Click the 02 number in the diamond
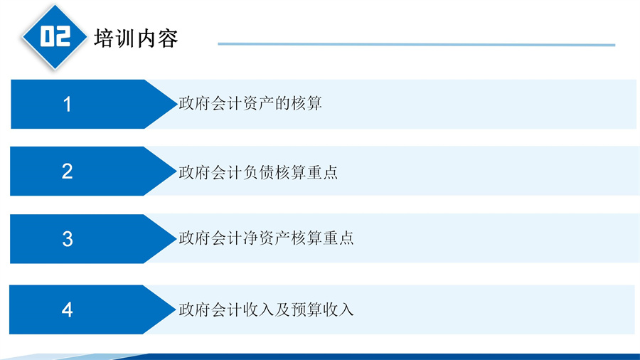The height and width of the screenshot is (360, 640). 55,36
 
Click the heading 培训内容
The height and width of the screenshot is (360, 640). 136,39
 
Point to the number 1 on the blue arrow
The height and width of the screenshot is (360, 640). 68,104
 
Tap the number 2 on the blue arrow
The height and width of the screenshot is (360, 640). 68,171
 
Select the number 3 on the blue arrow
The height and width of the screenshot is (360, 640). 68,239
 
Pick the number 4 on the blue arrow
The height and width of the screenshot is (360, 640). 68,309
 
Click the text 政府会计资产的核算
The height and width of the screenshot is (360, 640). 250,103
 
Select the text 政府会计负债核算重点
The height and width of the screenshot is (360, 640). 258,172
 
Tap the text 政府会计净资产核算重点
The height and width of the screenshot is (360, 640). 266,238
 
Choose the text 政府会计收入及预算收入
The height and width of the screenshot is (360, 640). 266,309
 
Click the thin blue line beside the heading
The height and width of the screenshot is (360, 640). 416,44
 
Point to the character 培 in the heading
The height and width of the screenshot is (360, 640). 105,39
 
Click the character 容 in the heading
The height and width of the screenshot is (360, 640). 168,39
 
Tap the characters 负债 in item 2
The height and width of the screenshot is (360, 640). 258,172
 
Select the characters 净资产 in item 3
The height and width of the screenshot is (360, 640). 266,238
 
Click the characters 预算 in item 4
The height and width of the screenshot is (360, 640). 306,309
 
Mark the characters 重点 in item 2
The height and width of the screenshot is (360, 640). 322,172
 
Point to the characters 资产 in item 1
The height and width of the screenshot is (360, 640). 258,103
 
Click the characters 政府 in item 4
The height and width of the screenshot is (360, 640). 195,309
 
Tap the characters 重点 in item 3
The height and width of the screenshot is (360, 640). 338,238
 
